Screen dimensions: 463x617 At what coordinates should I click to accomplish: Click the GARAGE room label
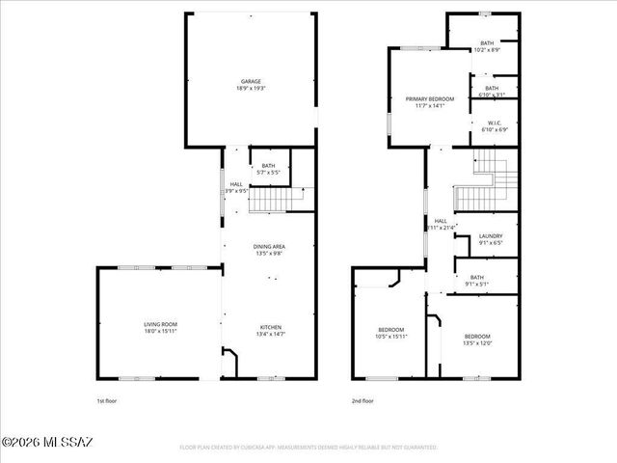tap(251, 81)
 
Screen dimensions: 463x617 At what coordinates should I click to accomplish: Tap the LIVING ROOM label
tap(160, 324)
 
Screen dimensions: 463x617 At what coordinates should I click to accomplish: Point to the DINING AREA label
tap(269, 247)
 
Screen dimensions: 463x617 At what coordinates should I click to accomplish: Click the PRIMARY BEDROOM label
tap(429, 99)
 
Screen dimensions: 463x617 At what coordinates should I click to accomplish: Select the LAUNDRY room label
tap(491, 235)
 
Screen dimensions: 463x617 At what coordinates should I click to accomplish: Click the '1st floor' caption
tap(107, 400)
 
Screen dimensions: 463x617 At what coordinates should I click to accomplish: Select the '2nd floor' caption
tap(363, 400)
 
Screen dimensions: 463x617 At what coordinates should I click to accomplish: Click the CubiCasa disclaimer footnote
tap(308, 448)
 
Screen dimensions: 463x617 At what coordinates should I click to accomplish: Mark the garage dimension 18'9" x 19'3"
tap(251, 88)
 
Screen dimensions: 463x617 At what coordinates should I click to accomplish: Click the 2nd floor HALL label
tap(441, 221)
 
